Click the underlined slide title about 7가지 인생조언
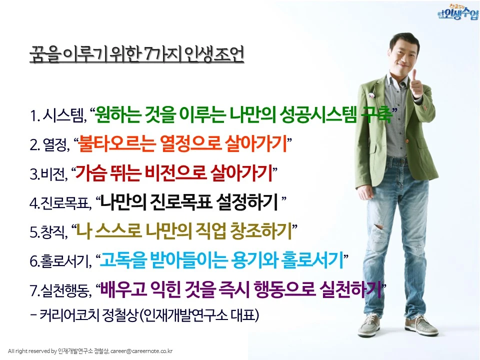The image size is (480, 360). click(x=136, y=54)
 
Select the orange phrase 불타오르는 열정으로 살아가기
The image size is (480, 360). click(x=182, y=144)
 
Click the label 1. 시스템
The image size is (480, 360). click(x=58, y=116)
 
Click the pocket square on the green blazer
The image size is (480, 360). click(x=372, y=93)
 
